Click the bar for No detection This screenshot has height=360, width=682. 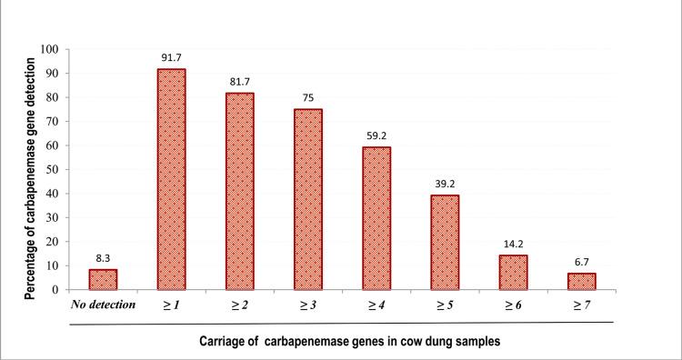point(103,279)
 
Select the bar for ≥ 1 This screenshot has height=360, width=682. point(173,179)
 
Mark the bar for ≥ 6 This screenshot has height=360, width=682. point(513,272)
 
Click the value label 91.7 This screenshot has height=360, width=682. point(173,59)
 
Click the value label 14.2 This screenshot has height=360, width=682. point(513,245)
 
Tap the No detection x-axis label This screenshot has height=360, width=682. point(103,305)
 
